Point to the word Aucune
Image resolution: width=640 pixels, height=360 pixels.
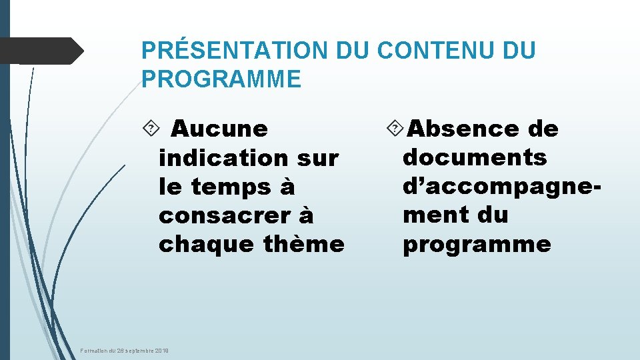pyautogui.click(x=219, y=129)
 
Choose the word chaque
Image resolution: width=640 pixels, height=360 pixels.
pyautogui.click(x=206, y=245)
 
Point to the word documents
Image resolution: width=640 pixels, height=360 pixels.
pyautogui.click(x=475, y=157)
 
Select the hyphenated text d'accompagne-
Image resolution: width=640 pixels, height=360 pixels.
pyautogui.click(x=502, y=187)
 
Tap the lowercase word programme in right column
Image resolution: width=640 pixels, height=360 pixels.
pyautogui.click(x=477, y=245)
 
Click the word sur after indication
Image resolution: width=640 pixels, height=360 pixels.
pyautogui.click(x=317, y=158)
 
